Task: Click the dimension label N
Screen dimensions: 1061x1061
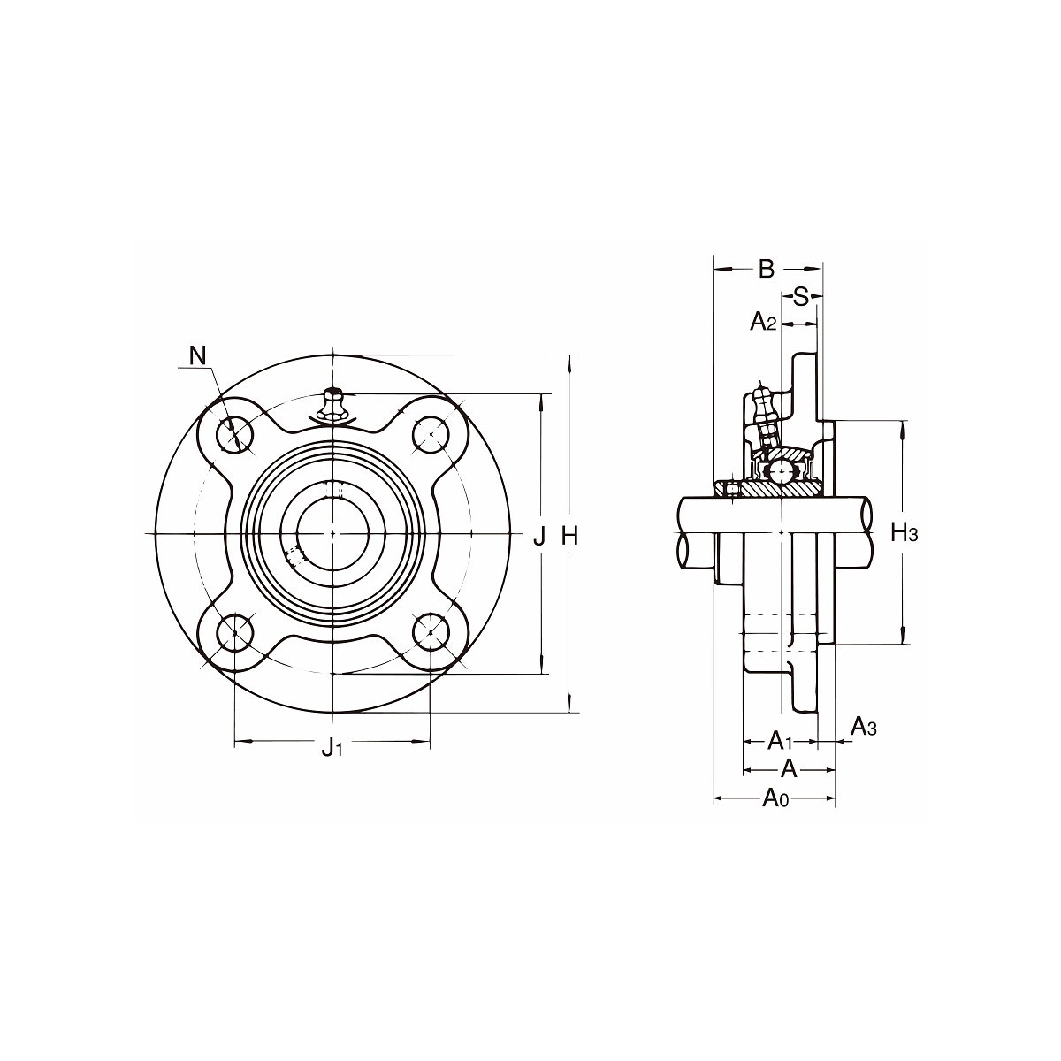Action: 197,355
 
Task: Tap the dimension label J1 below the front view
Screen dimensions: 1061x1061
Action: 332,747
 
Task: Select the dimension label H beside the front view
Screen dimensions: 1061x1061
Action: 570,536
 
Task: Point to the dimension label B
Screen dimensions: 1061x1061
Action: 767,270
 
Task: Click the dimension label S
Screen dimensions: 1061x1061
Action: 800,297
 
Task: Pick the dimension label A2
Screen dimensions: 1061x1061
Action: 762,322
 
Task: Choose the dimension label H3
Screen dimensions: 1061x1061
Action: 905,532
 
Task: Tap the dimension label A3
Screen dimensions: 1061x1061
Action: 863,727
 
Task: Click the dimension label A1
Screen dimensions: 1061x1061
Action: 780,741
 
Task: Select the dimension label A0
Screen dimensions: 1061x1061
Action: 775,798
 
